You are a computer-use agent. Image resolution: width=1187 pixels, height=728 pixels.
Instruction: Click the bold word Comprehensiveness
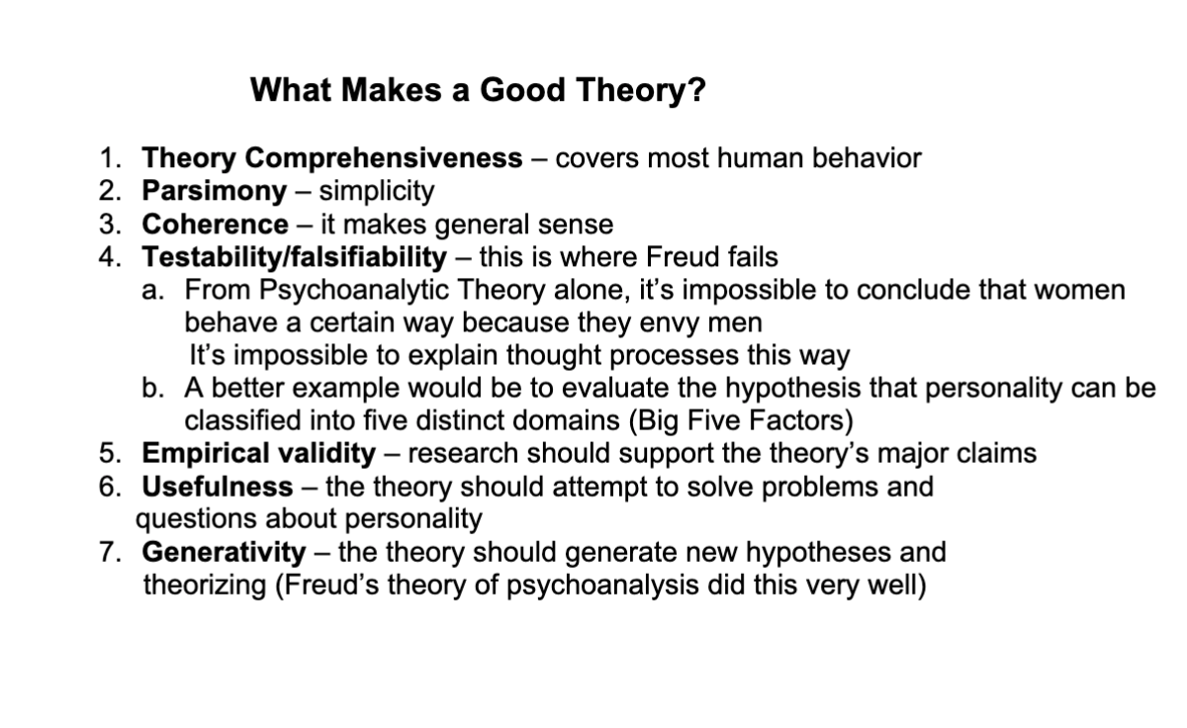click(384, 158)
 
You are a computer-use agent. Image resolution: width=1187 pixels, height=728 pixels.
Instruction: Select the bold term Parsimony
click(214, 191)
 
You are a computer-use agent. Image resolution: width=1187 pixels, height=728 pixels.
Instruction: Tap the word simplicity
click(377, 191)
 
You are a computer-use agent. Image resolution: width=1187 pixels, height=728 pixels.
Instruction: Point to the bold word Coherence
click(216, 224)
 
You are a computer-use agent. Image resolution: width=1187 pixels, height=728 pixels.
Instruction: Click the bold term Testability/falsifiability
click(294, 257)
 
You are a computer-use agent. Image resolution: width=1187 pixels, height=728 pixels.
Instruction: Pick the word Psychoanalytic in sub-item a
click(353, 291)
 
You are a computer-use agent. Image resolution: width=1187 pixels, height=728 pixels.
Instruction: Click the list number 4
click(110, 257)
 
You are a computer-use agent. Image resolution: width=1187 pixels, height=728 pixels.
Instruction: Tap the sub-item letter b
click(152, 388)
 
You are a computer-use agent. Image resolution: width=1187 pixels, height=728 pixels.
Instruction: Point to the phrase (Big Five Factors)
click(741, 420)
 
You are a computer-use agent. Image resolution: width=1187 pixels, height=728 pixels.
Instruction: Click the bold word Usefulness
click(218, 487)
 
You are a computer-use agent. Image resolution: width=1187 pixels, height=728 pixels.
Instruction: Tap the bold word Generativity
click(224, 552)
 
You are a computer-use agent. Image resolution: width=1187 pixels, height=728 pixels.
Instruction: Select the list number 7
click(110, 552)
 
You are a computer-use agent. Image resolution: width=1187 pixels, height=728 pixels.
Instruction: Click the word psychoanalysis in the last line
click(602, 586)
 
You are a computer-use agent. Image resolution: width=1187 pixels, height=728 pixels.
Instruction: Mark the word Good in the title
click(522, 89)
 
